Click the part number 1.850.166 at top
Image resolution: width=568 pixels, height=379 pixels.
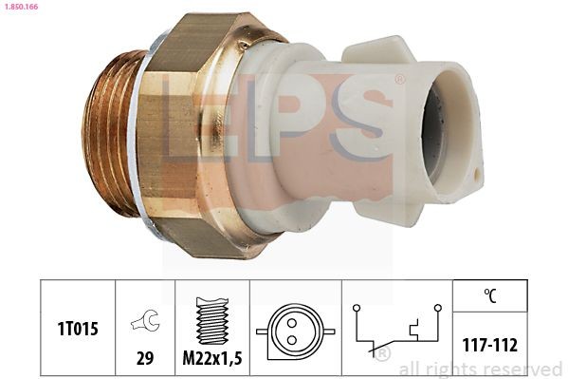coord(21,7)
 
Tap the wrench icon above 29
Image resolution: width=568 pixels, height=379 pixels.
coord(145,322)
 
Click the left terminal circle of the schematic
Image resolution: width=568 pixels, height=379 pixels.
coord(356,307)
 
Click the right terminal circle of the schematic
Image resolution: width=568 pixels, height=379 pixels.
coord(437,307)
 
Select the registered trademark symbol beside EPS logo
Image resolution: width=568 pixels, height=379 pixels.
coord(399,80)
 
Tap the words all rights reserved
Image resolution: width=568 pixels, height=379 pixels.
coord(480,369)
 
